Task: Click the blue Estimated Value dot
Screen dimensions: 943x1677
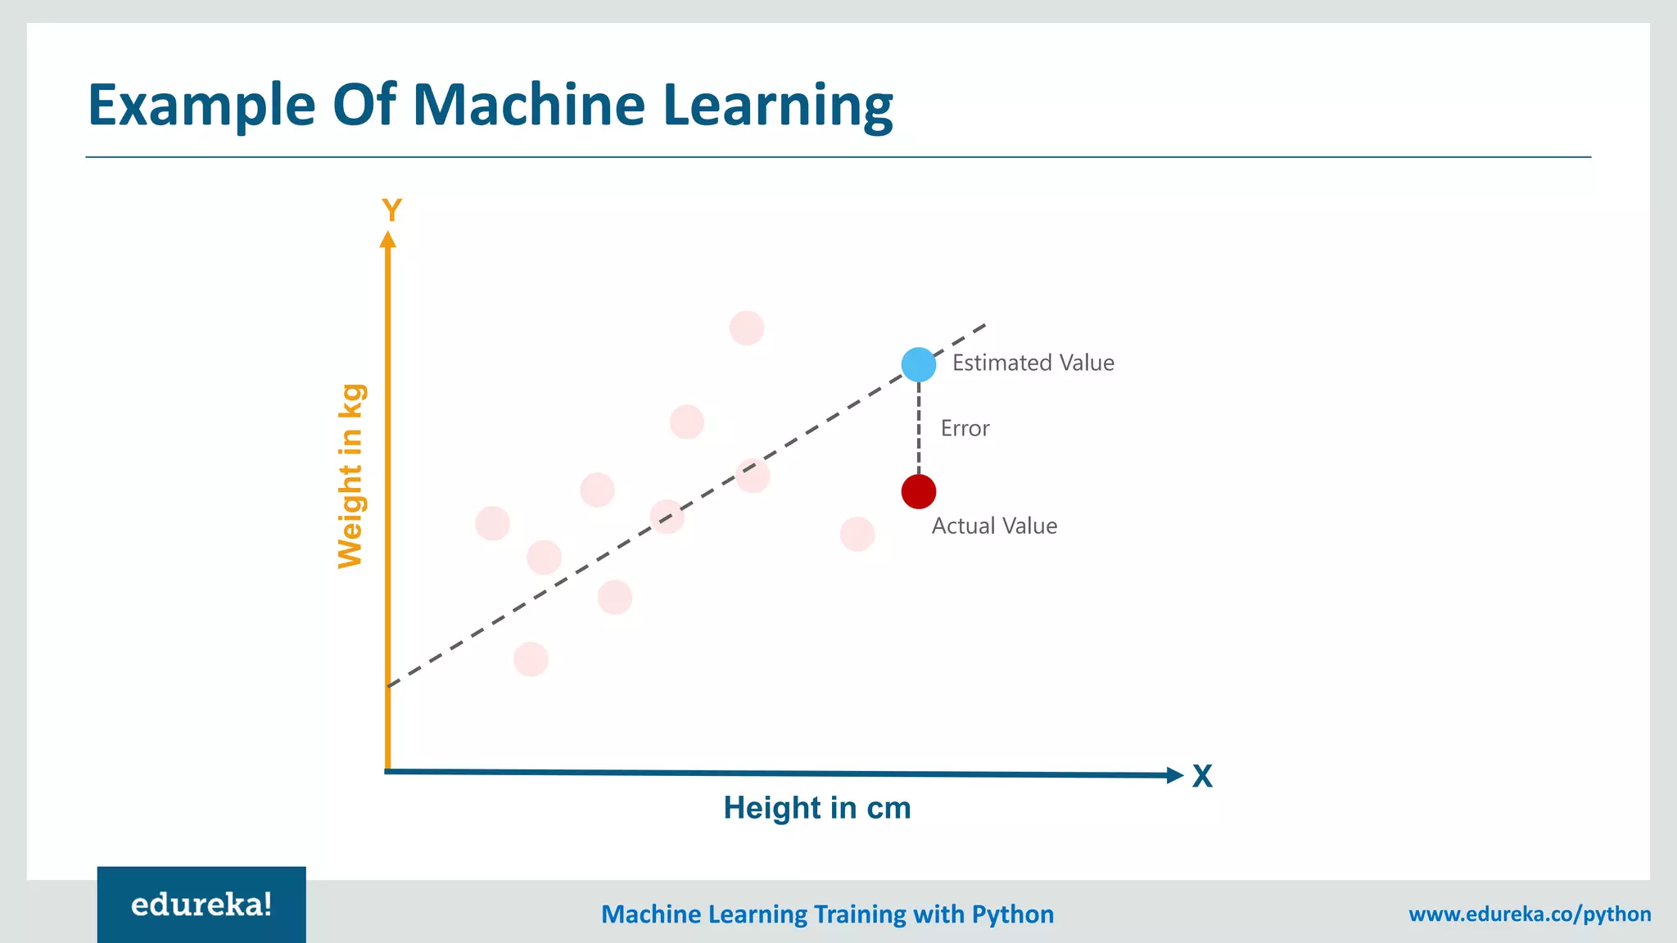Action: [919, 364]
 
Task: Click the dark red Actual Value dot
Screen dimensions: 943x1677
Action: [919, 491]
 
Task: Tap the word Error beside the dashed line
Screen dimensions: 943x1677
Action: [965, 428]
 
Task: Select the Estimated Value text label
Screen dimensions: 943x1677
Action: [1033, 363]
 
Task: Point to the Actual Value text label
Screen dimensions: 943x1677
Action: [994, 526]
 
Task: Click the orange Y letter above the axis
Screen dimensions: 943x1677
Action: [392, 211]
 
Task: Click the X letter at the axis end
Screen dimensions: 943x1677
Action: [1202, 776]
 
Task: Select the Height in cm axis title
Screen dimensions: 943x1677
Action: [817, 808]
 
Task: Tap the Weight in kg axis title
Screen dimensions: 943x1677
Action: [350, 476]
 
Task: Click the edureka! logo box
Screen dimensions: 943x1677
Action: [201, 905]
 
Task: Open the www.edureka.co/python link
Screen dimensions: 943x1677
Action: [1530, 914]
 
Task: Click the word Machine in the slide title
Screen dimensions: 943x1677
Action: [529, 105]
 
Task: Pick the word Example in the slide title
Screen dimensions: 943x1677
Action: [201, 106]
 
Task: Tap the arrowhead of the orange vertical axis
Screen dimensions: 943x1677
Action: [388, 239]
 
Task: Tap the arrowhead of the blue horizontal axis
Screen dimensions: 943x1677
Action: [1175, 775]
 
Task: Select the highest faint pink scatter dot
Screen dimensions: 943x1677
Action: [747, 328]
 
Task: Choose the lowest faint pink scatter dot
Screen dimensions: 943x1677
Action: [531, 659]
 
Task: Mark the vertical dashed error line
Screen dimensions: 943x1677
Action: [919, 428]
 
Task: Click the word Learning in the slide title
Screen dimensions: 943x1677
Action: [778, 106]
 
